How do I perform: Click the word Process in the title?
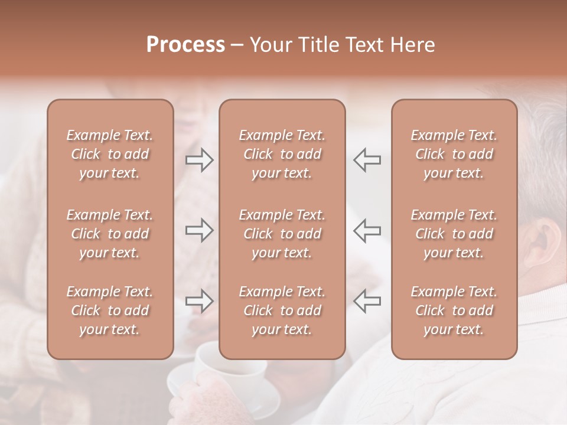185,45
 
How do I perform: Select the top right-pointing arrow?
199,159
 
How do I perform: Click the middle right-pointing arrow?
199,230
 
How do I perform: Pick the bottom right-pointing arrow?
199,301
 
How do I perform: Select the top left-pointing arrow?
367,159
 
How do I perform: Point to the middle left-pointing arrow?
367,230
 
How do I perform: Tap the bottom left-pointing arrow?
367,301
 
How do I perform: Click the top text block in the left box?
110,154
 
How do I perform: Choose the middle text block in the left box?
110,234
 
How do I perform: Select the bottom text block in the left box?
110,310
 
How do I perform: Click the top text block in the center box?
282,154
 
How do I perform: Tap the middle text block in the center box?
282,234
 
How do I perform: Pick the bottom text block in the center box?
282,310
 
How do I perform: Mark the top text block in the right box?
454,154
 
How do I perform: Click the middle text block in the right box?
454,234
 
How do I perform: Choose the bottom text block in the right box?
454,310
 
